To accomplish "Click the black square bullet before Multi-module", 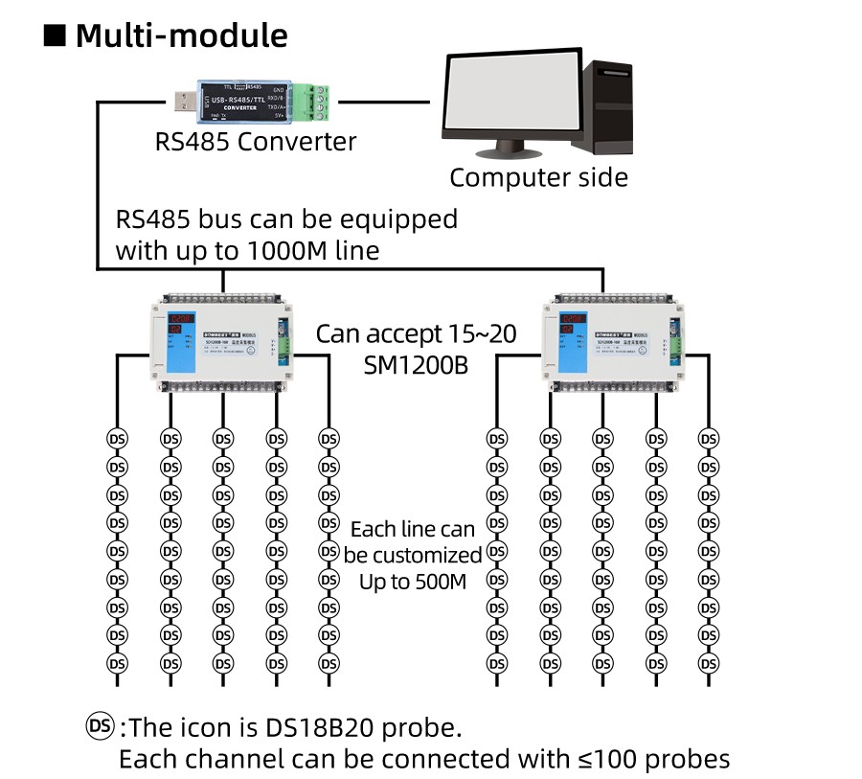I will pos(55,35).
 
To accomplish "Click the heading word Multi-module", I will pos(181,35).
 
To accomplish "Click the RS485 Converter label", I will pos(255,142).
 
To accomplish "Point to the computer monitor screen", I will pos(512,95).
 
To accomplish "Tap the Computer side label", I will pos(538,177).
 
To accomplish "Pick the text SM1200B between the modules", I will pos(416,364).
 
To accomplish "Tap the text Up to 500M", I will pos(413,582).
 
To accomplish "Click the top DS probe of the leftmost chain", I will pos(117,438).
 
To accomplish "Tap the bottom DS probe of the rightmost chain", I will pos(709,663).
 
